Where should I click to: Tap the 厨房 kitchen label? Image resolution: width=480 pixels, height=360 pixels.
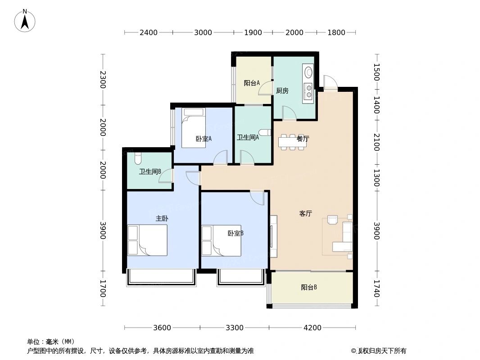[282, 90]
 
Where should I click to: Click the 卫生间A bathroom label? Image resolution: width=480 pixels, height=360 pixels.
[248, 137]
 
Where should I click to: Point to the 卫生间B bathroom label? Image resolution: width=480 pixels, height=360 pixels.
[150, 171]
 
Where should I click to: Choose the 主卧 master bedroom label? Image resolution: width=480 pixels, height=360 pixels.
[162, 218]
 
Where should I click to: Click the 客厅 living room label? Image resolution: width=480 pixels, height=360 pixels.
[306, 214]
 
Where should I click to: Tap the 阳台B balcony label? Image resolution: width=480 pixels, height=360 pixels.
[309, 287]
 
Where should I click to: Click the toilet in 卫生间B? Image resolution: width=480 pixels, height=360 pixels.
[138, 158]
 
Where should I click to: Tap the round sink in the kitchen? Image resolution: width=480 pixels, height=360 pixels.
[309, 72]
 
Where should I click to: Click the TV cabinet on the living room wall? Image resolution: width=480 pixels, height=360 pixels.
[273, 236]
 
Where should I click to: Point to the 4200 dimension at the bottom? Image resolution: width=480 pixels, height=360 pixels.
[312, 328]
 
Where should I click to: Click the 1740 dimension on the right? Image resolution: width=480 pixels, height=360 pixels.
[376, 288]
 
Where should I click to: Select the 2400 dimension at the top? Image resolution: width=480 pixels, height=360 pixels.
[148, 32]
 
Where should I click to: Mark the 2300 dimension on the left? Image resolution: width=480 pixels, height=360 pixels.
[103, 80]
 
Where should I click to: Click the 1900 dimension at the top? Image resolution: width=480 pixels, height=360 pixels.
[253, 32]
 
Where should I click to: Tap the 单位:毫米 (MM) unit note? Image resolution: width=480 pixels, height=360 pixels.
[51, 342]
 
